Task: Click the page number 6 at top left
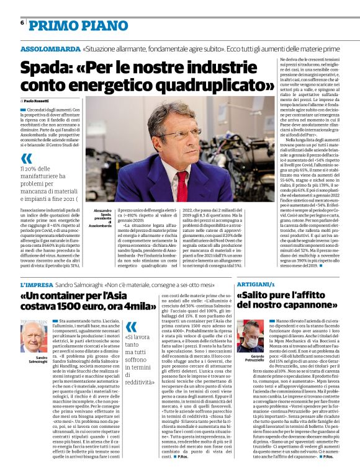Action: [22, 22]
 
